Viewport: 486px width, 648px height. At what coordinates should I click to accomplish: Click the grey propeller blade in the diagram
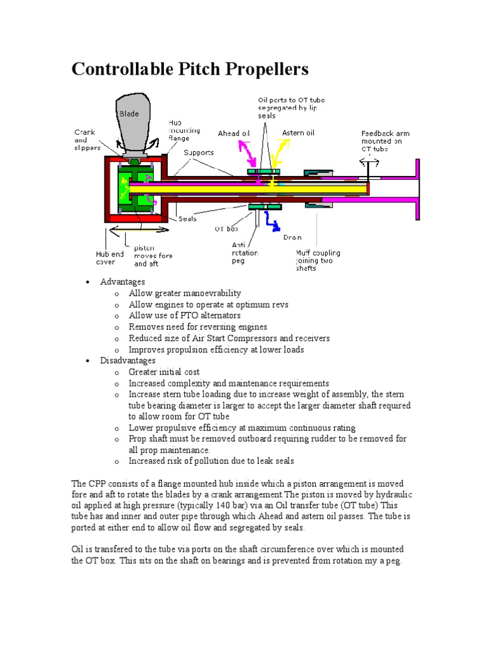click(134, 122)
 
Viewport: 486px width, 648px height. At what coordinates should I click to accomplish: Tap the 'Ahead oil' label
click(233, 134)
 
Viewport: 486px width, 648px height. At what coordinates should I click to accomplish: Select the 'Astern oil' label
click(298, 133)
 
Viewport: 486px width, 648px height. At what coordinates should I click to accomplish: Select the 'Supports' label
click(198, 153)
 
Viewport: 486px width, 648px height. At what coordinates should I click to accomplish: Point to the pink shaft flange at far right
click(417, 188)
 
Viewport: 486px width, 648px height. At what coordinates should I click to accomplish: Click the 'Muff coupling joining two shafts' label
click(318, 259)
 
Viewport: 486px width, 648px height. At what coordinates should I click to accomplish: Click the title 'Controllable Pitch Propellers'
click(190, 68)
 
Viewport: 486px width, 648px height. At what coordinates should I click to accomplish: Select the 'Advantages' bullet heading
click(122, 282)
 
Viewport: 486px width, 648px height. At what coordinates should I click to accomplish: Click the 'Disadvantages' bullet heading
click(127, 361)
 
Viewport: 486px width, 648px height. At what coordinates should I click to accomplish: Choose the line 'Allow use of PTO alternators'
click(185, 315)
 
